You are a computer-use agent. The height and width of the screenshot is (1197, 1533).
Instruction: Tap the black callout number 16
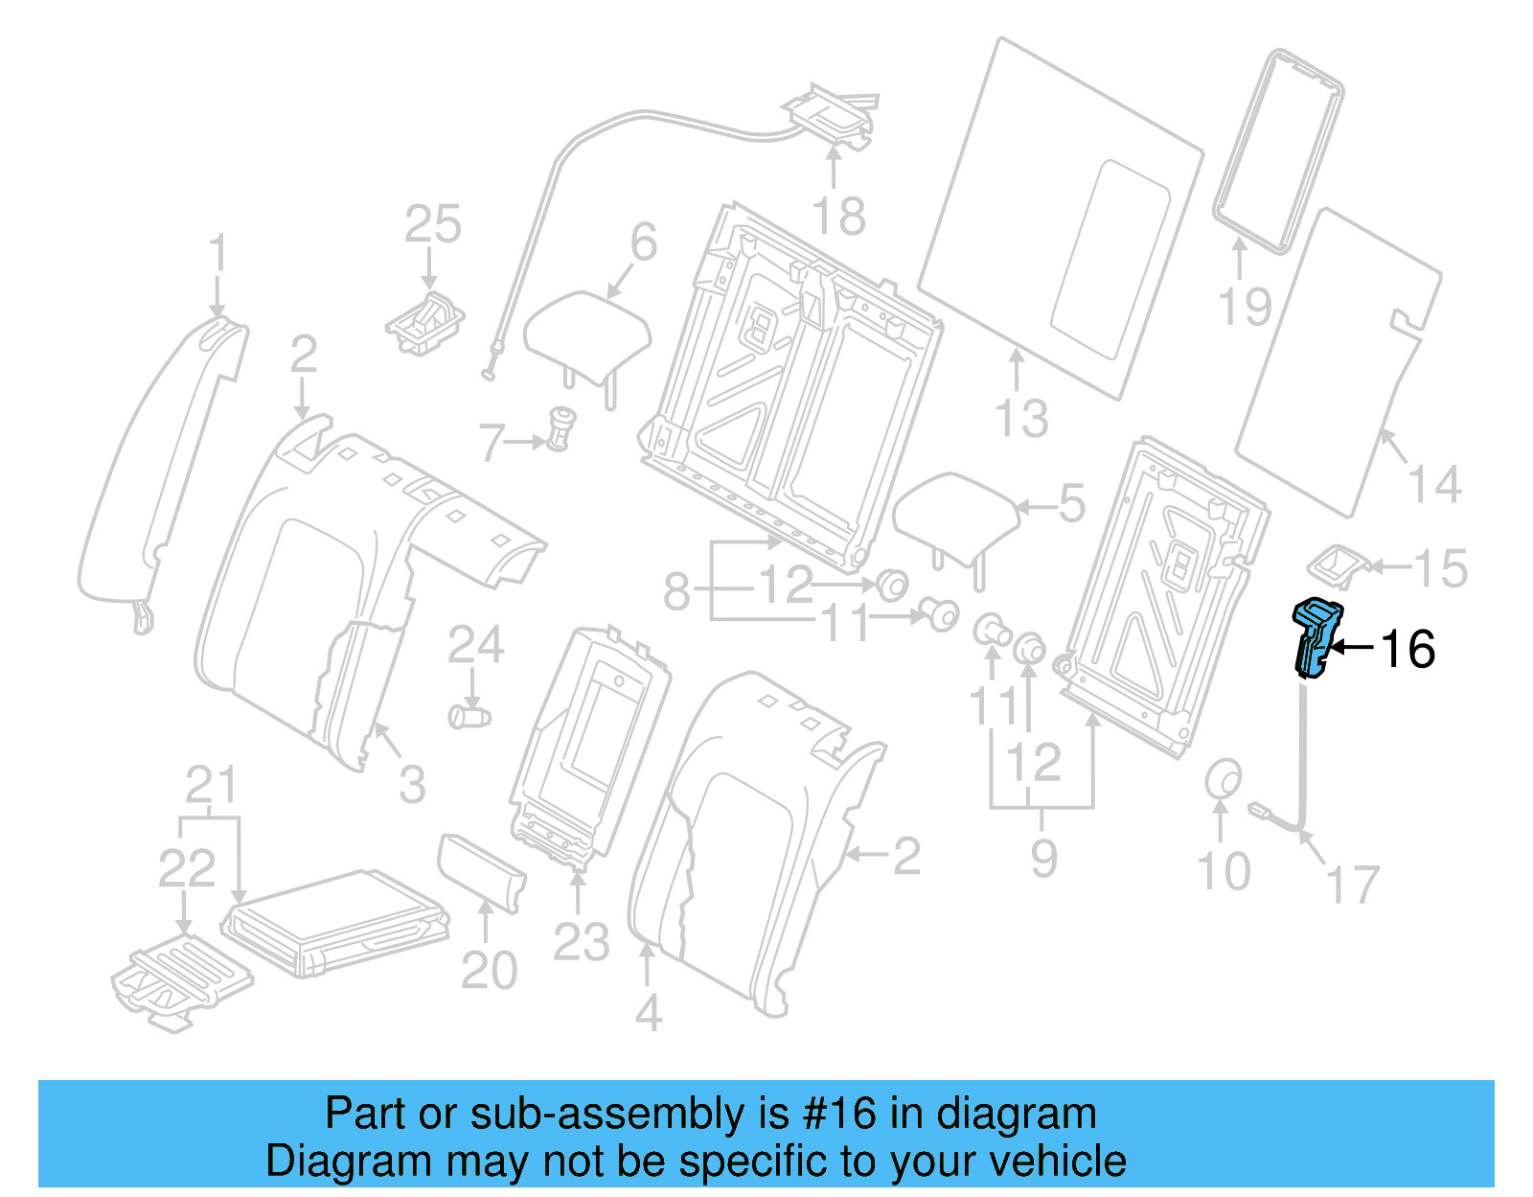pyautogui.click(x=1407, y=649)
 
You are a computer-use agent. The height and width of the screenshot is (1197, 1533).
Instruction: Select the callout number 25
pyautogui.click(x=432, y=225)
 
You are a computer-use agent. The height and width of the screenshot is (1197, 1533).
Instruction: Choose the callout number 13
pyautogui.click(x=1021, y=419)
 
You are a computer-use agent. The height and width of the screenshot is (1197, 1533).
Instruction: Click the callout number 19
pyautogui.click(x=1244, y=307)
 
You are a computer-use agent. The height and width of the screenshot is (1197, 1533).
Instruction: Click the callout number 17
pyautogui.click(x=1352, y=884)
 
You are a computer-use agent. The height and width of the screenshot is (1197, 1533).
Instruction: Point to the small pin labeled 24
pyautogui.click(x=469, y=716)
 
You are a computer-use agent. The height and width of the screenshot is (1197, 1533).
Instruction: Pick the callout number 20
pyautogui.click(x=489, y=970)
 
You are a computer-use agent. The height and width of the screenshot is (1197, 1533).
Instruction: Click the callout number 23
pyautogui.click(x=581, y=943)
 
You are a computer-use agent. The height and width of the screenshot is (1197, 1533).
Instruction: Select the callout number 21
pyautogui.click(x=210, y=786)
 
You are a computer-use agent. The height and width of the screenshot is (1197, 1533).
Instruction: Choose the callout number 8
pyautogui.click(x=676, y=591)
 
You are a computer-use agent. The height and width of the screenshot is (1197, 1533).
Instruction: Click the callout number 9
pyautogui.click(x=1043, y=857)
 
